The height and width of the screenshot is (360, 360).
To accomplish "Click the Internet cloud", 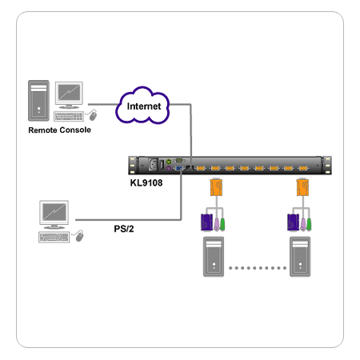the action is pos(142,106).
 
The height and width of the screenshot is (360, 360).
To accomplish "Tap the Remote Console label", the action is pos(59,130).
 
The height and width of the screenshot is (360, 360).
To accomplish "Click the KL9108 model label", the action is pos(146,183).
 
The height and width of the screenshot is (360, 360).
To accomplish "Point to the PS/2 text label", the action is pos(124,229).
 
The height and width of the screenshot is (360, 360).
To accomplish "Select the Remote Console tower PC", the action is pos(38,101).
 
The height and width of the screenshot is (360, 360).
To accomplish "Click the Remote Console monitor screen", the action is pos(69,92).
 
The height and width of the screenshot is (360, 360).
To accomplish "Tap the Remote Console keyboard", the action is pos(69,117).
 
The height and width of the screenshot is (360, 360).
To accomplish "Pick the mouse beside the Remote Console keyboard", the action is pos(93,115).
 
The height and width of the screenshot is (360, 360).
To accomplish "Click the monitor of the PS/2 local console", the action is pos(54,212).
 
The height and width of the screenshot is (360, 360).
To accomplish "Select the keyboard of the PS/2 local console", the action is pos(54,237).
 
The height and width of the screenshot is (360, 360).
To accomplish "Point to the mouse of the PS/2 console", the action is pos(79,236).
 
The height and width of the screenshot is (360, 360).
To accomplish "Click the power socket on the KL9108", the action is pos(153,165).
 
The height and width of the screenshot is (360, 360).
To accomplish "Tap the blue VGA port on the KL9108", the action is pos(178,168).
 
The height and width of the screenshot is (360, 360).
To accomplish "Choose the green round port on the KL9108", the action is pos(169,162).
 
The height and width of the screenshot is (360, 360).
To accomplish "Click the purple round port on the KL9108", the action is pos(169,168).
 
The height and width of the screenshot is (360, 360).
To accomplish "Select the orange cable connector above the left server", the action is pos(216,187).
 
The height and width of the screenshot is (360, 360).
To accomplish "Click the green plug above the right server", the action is pos(309,224).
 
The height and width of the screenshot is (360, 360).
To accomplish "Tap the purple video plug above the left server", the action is pos(206,222).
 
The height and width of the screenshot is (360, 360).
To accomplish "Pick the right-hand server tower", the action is pos(300,257).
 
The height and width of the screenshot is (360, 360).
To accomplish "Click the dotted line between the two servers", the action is pos(258,268).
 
